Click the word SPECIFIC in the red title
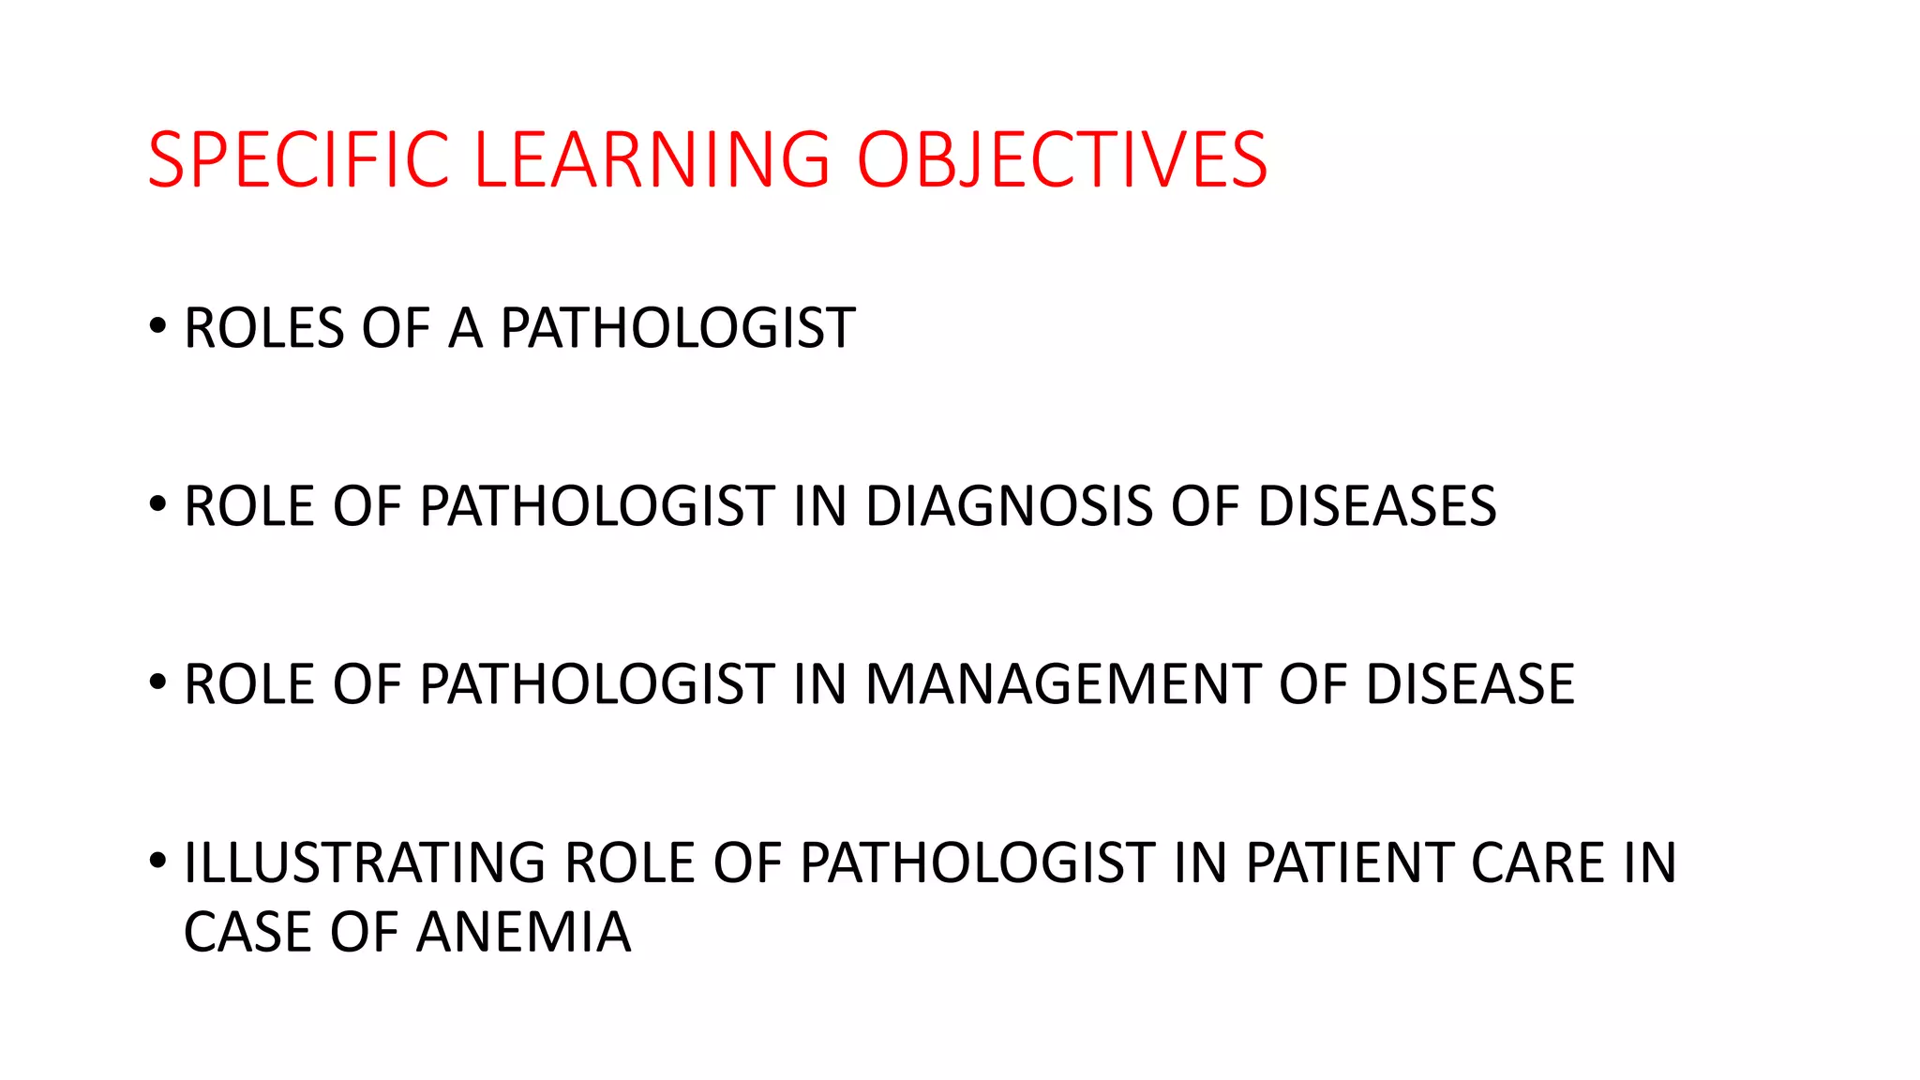tap(298, 159)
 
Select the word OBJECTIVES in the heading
tap(1061, 159)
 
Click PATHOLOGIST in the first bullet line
tap(677, 329)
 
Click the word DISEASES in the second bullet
tap(1376, 507)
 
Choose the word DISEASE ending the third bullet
tap(1469, 684)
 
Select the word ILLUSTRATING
tap(364, 862)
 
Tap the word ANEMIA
tap(523, 932)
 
